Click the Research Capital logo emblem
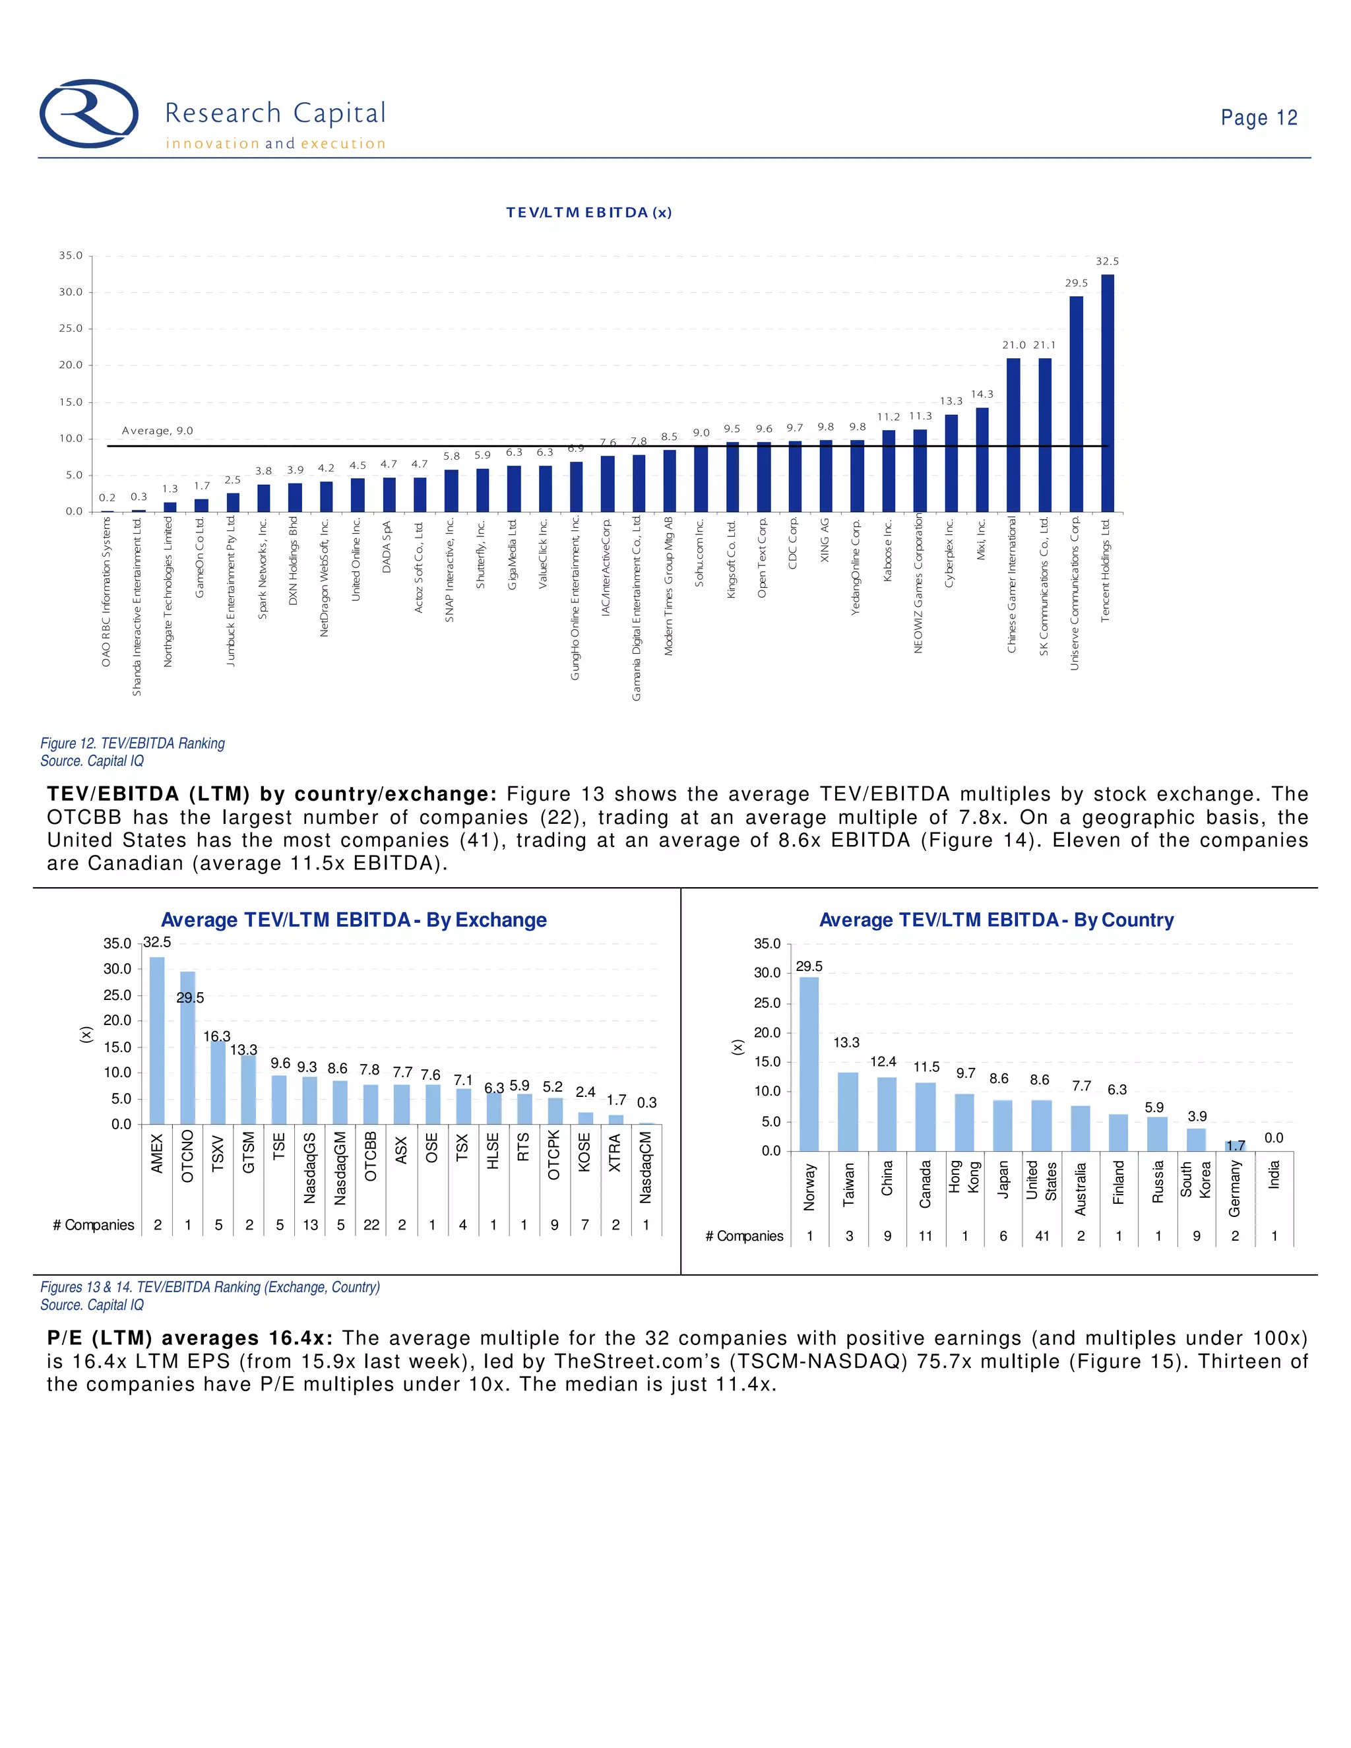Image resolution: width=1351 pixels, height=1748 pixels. pos(89,113)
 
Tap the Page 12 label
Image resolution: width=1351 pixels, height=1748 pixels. pos(1258,117)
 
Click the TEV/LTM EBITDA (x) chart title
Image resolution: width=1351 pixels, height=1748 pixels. pos(588,212)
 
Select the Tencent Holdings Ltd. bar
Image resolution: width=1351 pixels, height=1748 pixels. pos(1108,393)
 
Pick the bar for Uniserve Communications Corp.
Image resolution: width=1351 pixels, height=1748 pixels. pos(1077,404)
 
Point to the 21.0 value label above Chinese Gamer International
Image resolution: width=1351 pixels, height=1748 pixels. pos(1013,345)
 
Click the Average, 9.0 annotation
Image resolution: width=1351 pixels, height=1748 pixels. pos(157,431)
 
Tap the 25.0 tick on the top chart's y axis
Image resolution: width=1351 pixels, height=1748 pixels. pos(71,328)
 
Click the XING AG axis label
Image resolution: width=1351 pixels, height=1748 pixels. pos(825,540)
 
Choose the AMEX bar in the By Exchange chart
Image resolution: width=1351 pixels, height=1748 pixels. pos(157,1040)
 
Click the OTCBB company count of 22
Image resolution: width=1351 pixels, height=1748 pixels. pos(371,1224)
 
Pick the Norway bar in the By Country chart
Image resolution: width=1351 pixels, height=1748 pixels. pos(809,1064)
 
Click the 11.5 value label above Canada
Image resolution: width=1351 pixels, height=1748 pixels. pos(926,1067)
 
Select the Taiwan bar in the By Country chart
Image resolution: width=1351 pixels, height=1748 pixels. pos(848,1111)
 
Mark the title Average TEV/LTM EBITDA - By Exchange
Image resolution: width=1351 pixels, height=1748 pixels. pos(354,920)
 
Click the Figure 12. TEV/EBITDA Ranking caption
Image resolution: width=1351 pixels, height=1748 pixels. pos(133,743)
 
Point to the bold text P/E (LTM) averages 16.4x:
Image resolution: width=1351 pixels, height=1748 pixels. pos(192,1338)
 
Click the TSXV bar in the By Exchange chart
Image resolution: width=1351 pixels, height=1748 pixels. pos(218,1082)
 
